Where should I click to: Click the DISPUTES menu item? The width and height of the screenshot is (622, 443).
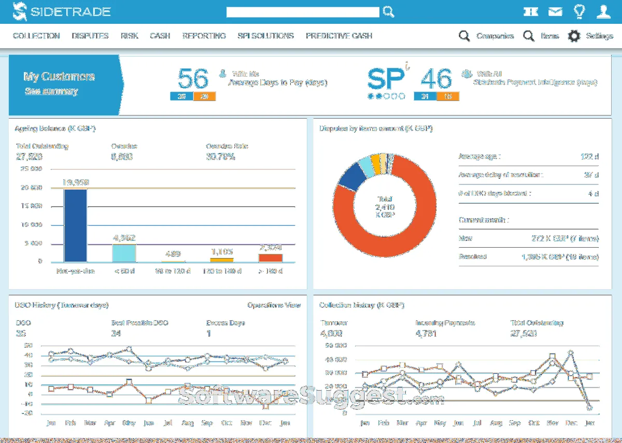[90, 36]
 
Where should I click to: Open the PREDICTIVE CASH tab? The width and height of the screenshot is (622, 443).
[339, 36]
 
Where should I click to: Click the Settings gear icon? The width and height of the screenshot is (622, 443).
[574, 36]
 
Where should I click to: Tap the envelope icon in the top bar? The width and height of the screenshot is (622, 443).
[555, 11]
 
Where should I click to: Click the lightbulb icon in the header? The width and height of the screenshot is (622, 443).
[579, 11]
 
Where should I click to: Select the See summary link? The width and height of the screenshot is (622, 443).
[51, 91]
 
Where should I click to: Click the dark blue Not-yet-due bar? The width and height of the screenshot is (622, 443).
[75, 225]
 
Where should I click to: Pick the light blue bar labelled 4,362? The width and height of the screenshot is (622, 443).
[124, 253]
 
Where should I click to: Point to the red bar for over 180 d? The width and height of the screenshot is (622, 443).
[271, 258]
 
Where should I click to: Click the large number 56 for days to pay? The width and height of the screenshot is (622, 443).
[193, 79]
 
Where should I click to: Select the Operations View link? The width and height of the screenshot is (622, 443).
[274, 305]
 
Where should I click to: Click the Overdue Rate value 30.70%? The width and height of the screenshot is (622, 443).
[220, 156]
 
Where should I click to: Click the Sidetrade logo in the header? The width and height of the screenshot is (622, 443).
[62, 11]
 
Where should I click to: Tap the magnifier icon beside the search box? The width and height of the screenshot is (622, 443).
[388, 12]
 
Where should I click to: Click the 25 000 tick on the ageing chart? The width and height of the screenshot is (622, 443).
[31, 169]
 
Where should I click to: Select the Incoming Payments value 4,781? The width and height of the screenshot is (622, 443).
[426, 334]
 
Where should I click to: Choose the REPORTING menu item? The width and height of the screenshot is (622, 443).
[204, 36]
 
